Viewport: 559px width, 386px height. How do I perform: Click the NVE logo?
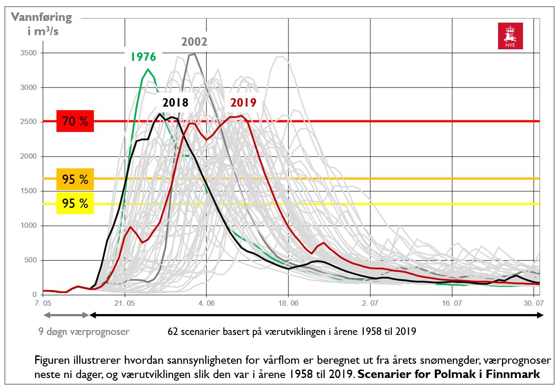pyautogui.click(x=510, y=36)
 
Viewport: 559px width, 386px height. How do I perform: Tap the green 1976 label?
pyautogui.click(x=143, y=57)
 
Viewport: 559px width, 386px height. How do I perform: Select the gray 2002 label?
pyautogui.click(x=194, y=42)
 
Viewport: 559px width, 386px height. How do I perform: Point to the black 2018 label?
pyautogui.click(x=175, y=103)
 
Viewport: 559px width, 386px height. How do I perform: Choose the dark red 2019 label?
pyautogui.click(x=243, y=103)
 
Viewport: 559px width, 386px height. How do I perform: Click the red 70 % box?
pyautogui.click(x=75, y=121)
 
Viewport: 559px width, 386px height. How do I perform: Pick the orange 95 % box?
pyautogui.click(x=75, y=179)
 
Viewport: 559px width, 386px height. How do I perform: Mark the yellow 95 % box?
pyautogui.click(x=75, y=203)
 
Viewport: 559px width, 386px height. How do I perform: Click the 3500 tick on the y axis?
pyautogui.click(x=28, y=53)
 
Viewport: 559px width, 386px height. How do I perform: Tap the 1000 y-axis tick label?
pyautogui.click(x=28, y=226)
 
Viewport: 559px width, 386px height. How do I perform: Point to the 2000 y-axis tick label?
pyautogui.click(x=28, y=156)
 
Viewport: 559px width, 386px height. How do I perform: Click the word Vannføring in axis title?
pyautogui.click(x=41, y=17)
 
